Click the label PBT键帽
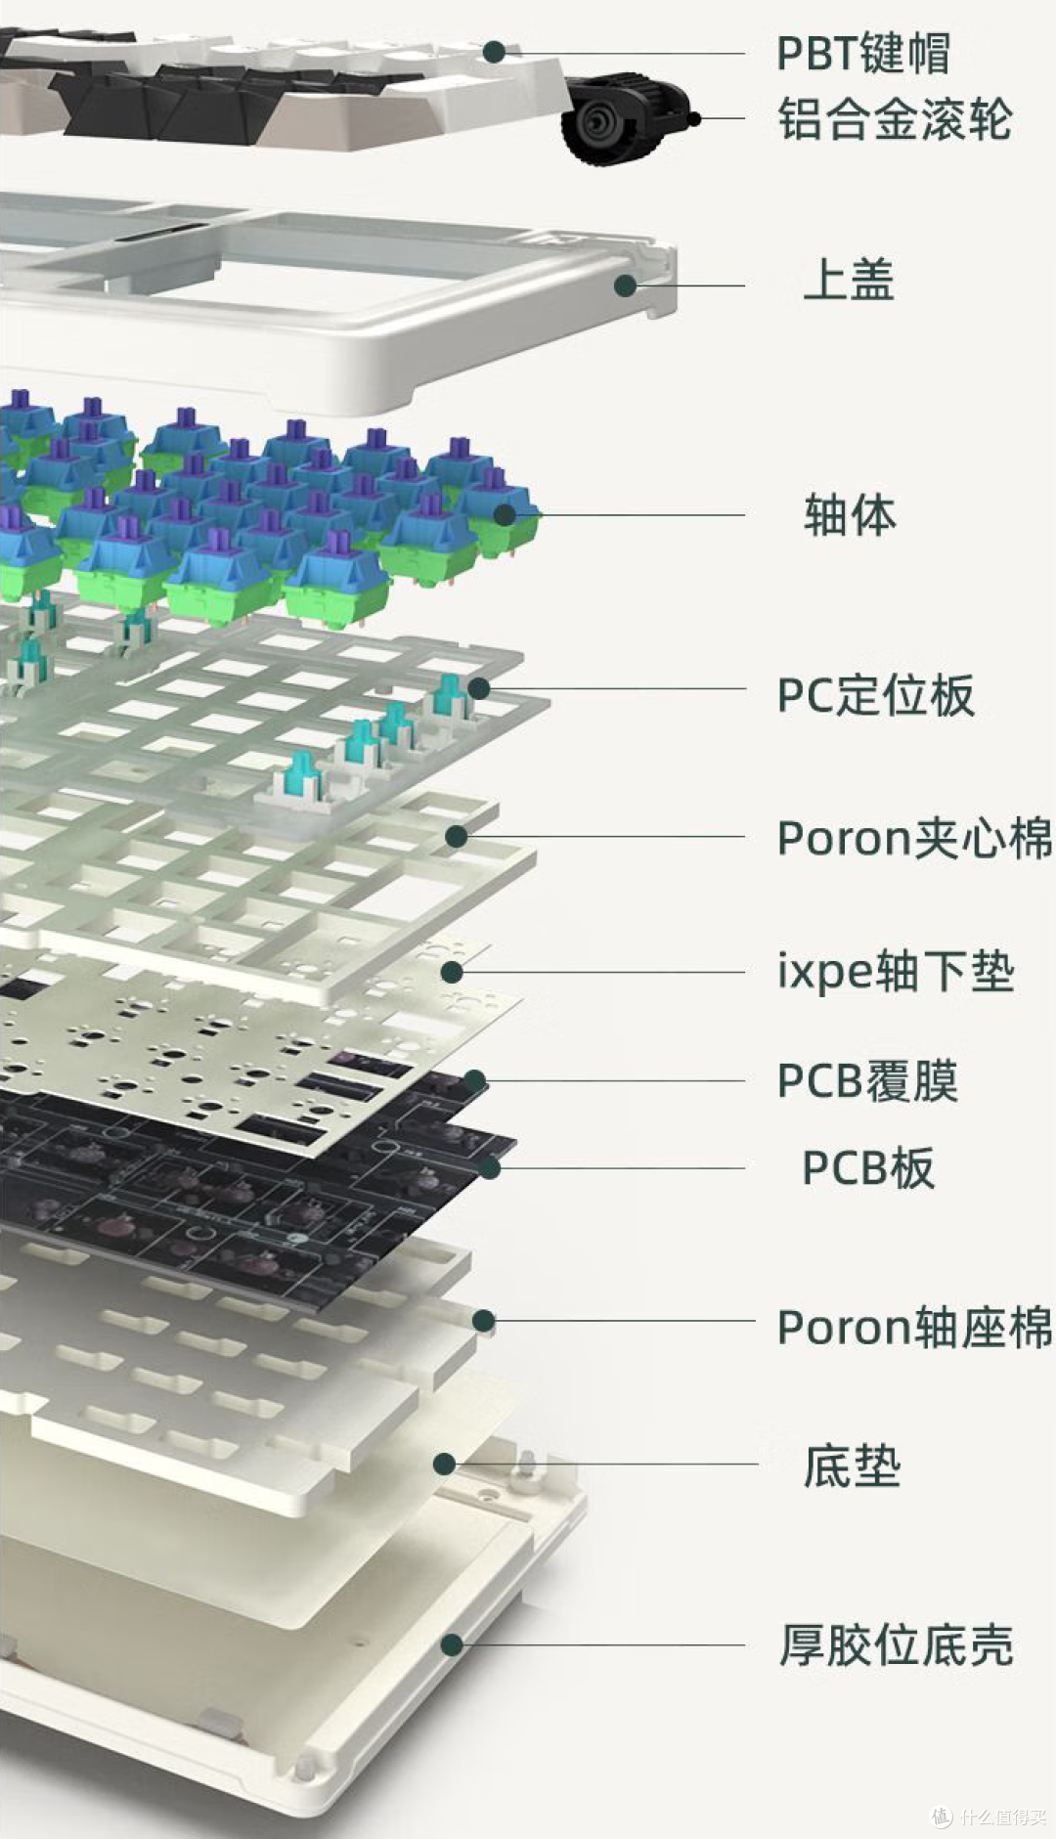[862, 53]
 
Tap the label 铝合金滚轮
[895, 119]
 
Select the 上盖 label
[849, 280]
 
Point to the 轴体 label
[849, 514]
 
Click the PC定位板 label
[875, 695]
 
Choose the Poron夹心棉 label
[914, 838]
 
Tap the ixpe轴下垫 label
[896, 972]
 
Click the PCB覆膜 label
[867, 1081]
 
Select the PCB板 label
[868, 1167]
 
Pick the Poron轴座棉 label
[914, 1327]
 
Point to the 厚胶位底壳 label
[896, 1644]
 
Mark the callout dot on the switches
[504, 514]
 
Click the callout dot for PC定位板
[479, 688]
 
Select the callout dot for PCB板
[489, 1166]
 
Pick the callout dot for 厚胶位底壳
[452, 1644]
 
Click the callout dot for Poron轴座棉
[483, 1321]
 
